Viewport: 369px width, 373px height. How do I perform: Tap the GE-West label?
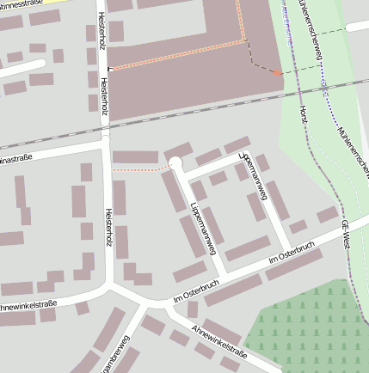click(347, 233)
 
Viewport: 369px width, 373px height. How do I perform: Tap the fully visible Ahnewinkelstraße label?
click(219, 341)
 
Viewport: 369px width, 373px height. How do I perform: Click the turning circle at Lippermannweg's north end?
click(175, 163)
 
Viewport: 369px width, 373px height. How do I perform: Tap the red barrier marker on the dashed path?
click(276, 73)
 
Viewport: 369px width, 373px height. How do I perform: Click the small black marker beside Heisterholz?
click(109, 69)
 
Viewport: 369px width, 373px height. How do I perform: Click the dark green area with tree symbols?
click(310, 331)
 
